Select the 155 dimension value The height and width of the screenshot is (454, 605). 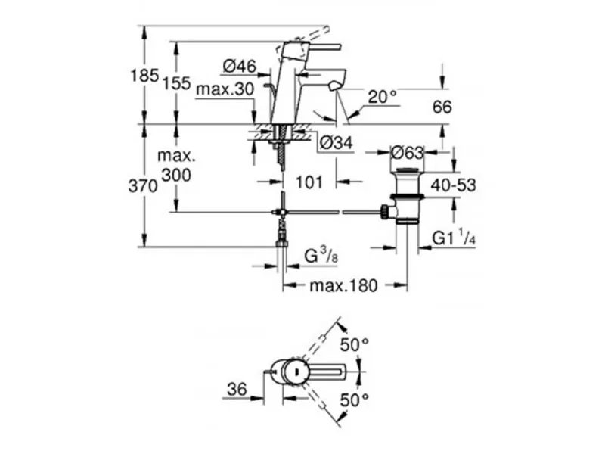pos(178,83)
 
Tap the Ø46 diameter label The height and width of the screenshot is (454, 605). pos(240,67)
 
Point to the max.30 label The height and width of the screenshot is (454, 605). pos(225,89)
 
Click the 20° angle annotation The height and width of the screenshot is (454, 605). pos(383,96)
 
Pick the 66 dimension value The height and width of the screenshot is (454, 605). pos(442,107)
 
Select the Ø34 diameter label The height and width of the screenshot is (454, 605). pos(336,142)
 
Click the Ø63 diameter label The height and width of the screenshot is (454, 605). pos(406,151)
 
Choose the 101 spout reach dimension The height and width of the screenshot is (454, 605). pos(309,182)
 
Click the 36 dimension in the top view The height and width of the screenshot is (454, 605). pos(237,389)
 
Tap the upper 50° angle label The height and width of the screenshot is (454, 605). pos(354,344)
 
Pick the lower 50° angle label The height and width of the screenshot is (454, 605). pos(354,399)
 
